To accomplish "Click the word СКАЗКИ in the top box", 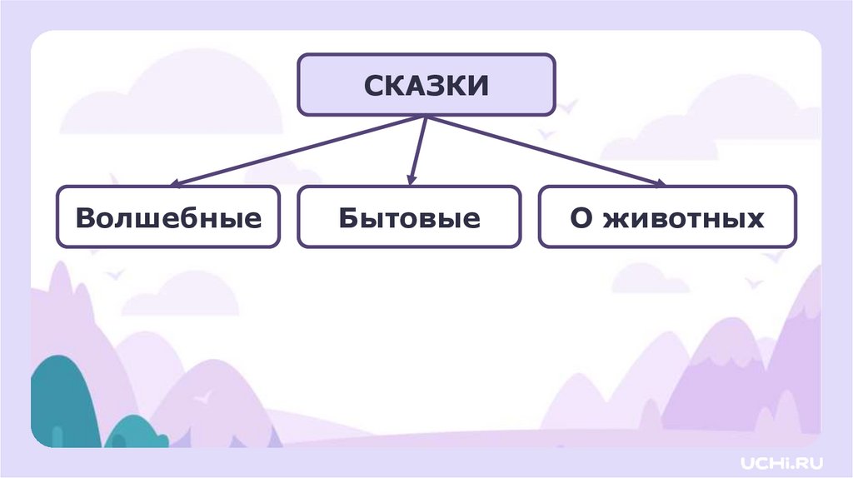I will [426, 86].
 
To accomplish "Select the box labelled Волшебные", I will [168, 217].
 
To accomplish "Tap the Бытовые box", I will [409, 217].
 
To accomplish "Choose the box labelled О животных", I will [667, 217].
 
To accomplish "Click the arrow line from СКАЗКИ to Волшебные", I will [300, 150].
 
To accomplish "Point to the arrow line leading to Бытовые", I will [418, 150].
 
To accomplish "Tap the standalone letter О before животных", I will [581, 218].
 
